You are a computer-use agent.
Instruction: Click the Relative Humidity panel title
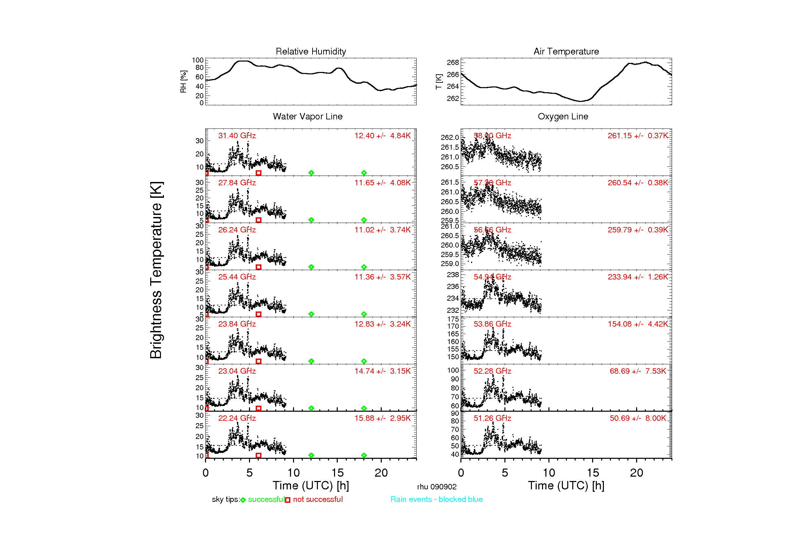[311, 51]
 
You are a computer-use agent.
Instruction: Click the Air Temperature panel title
[566, 51]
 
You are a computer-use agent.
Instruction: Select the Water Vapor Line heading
[307, 116]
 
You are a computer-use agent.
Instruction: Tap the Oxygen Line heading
[563, 116]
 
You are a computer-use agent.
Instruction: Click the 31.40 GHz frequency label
[237, 136]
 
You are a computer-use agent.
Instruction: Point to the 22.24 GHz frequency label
[237, 418]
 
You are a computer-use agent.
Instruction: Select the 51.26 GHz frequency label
[492, 418]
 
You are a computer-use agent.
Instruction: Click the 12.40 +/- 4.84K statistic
[382, 136]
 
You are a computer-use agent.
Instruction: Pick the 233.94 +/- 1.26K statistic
[637, 277]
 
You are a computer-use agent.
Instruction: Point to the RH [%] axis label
[183, 81]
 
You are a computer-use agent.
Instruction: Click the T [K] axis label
[439, 81]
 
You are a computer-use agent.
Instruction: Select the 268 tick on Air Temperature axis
[453, 62]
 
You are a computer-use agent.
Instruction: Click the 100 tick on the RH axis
[198, 60]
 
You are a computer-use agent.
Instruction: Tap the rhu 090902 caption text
[437, 487]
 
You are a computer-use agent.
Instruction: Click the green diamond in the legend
[243, 500]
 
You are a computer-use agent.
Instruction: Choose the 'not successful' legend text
[318, 499]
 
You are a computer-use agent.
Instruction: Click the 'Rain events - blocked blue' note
[437, 499]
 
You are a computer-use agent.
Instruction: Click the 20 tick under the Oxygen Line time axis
[636, 473]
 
